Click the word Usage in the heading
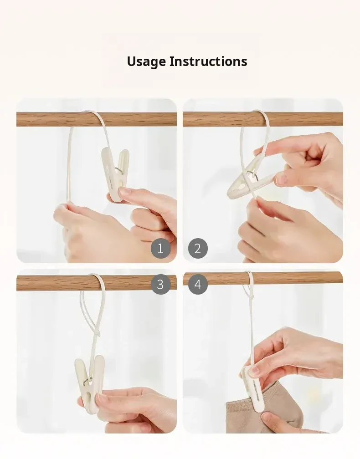click(x=146, y=62)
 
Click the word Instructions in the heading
click(x=208, y=61)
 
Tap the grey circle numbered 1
click(x=160, y=249)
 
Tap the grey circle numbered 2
click(x=198, y=249)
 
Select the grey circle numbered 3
click(x=160, y=284)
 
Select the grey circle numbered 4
click(x=198, y=284)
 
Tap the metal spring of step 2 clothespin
click(x=251, y=175)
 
